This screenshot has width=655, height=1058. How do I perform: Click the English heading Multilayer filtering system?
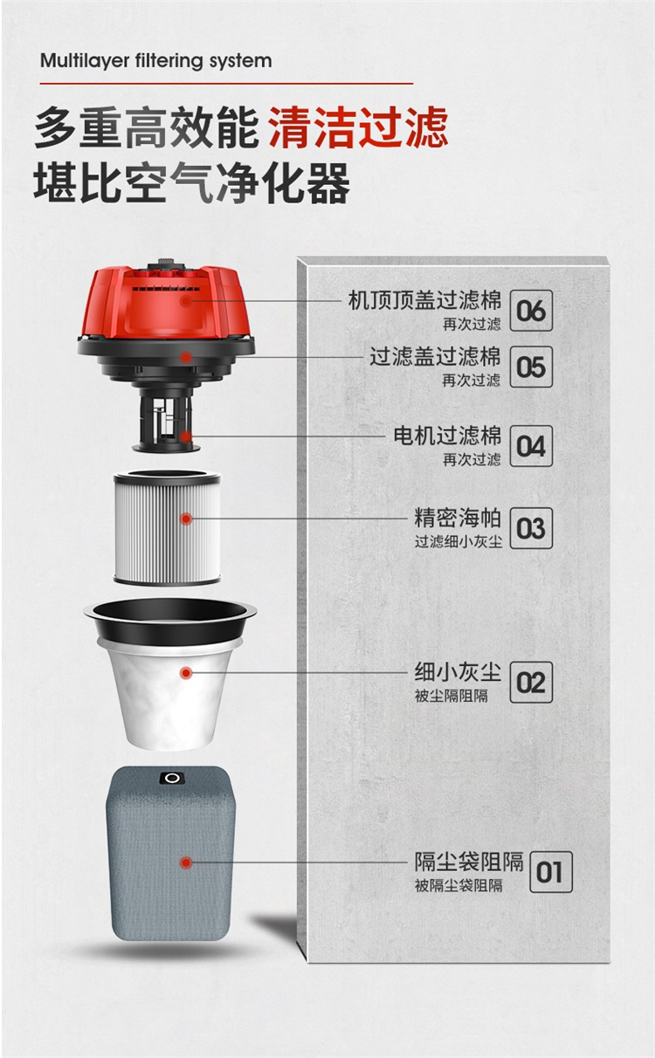[156, 61]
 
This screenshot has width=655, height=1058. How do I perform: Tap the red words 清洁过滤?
[358, 127]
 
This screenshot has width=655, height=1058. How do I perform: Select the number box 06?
[531, 310]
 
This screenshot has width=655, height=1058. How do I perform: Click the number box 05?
[531, 367]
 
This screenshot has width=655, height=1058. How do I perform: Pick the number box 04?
[531, 446]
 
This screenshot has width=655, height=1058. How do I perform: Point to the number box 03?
[531, 527]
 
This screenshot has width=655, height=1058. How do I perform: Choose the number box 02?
[531, 682]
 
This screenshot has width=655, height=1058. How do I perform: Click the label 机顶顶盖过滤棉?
[424, 300]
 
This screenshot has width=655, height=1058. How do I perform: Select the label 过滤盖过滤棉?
[435, 357]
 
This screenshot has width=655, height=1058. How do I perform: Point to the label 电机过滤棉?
[447, 436]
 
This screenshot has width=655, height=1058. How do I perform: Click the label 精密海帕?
[458, 518]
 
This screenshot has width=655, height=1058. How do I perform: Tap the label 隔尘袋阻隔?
[469, 862]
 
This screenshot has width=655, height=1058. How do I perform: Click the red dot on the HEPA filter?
[186, 519]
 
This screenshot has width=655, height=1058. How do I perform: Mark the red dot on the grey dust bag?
[186, 862]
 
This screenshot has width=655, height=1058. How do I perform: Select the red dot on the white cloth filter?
[186, 672]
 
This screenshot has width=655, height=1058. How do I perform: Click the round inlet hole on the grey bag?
[172, 779]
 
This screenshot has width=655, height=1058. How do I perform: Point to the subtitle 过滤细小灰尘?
[458, 541]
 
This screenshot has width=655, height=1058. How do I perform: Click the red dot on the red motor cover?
[186, 301]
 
